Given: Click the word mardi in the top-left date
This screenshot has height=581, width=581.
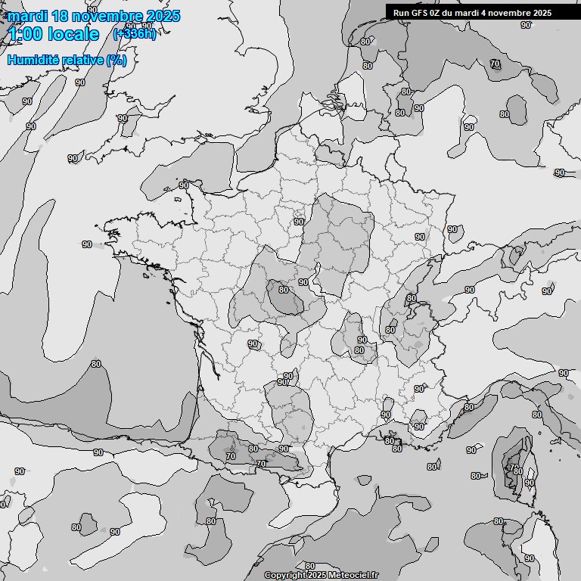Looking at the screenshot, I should (23, 16).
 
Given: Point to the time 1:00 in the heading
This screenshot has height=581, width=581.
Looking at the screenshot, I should (26, 34).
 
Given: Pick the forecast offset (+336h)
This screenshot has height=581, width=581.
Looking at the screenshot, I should (134, 34).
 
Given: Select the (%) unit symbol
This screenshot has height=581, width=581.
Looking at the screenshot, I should (117, 60).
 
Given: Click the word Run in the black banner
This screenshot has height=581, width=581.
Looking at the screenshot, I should (401, 13).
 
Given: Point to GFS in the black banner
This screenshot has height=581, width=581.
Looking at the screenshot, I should (421, 13).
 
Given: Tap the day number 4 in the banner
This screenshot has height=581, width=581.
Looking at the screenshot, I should (495, 13).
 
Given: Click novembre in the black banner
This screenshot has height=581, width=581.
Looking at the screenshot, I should (517, 13).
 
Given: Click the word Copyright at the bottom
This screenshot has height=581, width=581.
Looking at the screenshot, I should (284, 576).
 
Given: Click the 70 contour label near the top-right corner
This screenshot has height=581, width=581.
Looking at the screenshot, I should (495, 64).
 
